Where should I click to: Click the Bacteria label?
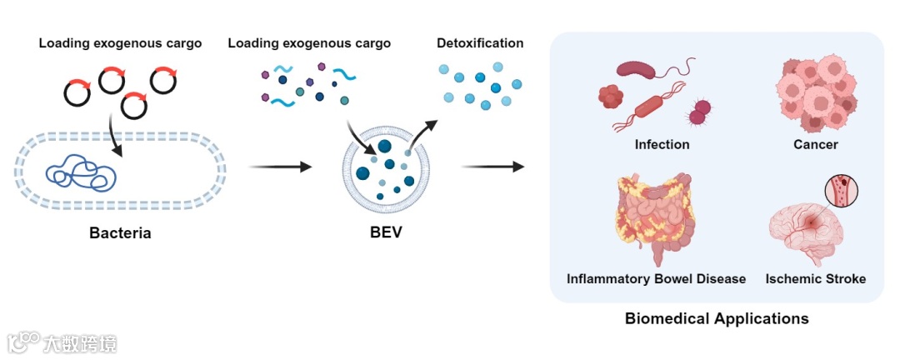[120, 232]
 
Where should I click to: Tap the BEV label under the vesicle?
[386, 232]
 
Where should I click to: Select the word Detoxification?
[480, 42]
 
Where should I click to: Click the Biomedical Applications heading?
[717, 318]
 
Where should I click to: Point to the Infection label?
[662, 144]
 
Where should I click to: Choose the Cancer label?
[815, 144]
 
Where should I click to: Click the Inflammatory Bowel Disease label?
[656, 278]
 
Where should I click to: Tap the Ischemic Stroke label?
[815, 278]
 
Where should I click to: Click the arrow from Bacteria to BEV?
[280, 167]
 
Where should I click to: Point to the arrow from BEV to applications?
[492, 167]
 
